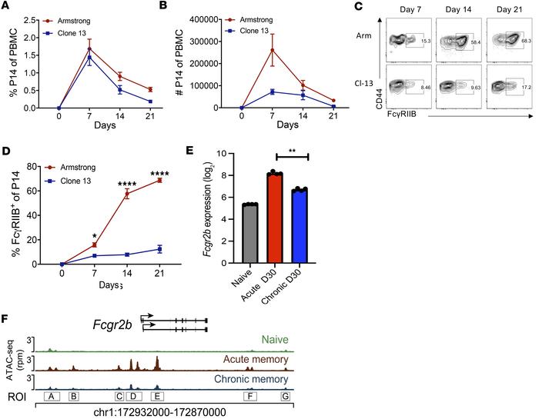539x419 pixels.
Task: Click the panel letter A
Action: point(6,8)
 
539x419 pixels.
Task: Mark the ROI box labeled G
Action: point(286,396)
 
